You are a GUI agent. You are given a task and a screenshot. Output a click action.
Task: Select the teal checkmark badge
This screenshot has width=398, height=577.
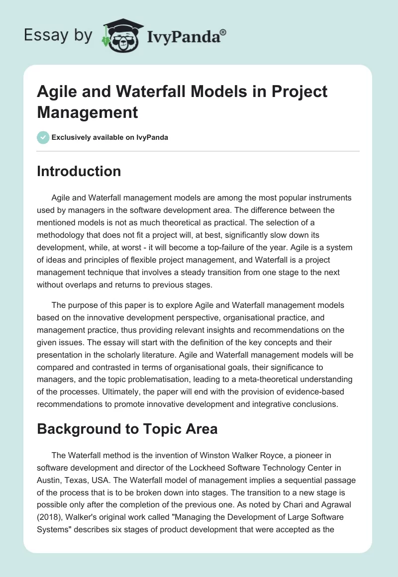43,137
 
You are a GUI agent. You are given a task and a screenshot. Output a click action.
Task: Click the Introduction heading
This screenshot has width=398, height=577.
79,171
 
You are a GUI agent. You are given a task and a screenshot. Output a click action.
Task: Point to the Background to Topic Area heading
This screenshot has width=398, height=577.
127,428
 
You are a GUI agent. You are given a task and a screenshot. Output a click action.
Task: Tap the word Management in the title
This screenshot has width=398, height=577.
88,112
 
